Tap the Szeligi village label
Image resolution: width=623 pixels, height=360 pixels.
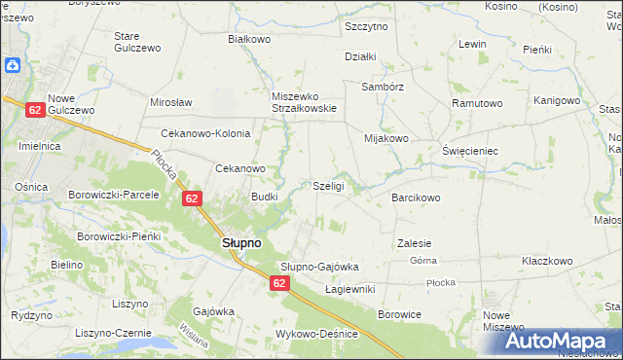click(x=328, y=185)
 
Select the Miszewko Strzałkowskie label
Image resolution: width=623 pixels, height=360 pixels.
click(x=304, y=102)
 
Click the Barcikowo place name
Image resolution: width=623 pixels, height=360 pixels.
click(x=416, y=197)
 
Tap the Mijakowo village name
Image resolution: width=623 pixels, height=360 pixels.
click(x=385, y=138)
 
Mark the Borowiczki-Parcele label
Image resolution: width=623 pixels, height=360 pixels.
click(x=113, y=194)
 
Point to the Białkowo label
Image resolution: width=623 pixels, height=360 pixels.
click(x=248, y=39)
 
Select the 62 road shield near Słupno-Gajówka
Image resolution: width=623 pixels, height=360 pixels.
click(x=279, y=282)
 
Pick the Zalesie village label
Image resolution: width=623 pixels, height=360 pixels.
click(x=414, y=242)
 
